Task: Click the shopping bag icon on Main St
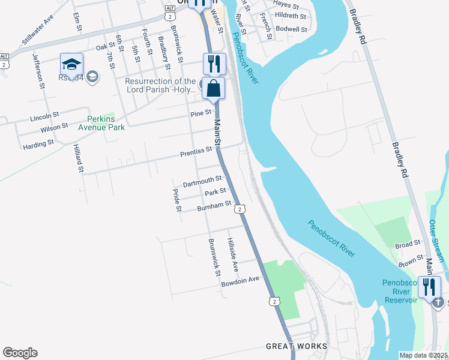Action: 213,89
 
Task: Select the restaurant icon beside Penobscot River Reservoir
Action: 429,286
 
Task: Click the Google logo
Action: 20,353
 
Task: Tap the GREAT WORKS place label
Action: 297,346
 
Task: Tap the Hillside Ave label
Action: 232,253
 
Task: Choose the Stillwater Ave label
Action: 38,36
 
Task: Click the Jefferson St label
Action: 39,71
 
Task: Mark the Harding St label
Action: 38,145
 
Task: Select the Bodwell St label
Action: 292,29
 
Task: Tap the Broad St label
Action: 408,245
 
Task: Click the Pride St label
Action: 177,200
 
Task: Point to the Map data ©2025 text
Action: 423,355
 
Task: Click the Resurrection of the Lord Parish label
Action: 160,85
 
